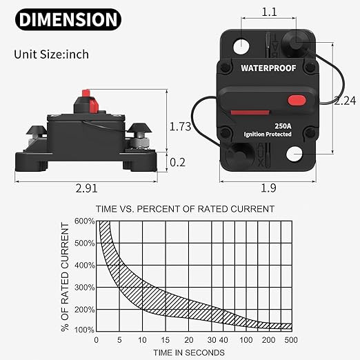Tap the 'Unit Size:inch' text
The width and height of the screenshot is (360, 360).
point(50,54)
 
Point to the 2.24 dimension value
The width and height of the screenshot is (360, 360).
point(345,101)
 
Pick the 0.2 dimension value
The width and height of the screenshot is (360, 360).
point(179,162)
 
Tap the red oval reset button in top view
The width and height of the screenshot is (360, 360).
point(297,101)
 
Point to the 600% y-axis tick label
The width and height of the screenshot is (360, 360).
point(84,221)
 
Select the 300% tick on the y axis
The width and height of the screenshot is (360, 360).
point(84,286)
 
